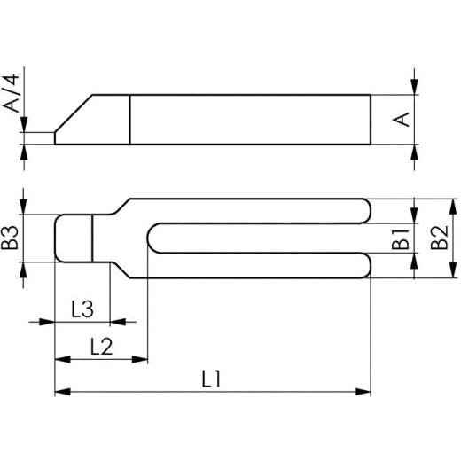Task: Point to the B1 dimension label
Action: coord(402,238)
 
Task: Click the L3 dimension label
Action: coord(82,309)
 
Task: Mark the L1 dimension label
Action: coord(211,379)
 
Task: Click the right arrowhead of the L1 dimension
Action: coord(364,390)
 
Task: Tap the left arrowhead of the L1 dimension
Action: coord(61,390)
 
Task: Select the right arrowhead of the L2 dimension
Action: coord(141,358)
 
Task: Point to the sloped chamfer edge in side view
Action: coord(74,113)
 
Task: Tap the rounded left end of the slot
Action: coord(152,238)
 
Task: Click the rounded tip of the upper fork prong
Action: coord(370,211)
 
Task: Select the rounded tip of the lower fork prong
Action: coord(370,265)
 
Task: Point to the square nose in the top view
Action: coord(74,238)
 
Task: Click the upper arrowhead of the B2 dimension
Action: coord(416,203)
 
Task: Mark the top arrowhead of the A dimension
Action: coord(416,88)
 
